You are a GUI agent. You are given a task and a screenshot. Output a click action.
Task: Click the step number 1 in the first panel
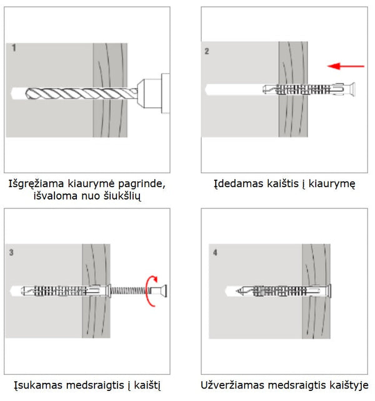[14, 47]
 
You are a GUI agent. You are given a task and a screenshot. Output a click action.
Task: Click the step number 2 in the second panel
[207, 52]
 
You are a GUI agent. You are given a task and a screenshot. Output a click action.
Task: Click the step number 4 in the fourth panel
[216, 253]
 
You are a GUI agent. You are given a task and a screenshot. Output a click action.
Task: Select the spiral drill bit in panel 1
[81, 94]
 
